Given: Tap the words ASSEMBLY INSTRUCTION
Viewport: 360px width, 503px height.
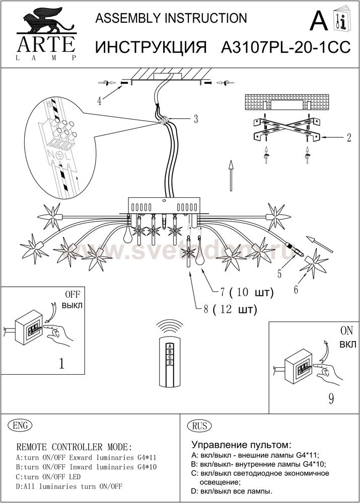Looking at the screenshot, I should point(171,19).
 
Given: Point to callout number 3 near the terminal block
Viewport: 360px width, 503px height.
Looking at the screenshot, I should point(195,119).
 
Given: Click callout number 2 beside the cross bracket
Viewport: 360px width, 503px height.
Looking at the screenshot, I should point(348,137).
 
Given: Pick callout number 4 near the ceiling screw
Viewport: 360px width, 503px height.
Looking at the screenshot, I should point(99,101).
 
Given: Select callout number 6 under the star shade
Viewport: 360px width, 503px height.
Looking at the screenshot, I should point(296,289).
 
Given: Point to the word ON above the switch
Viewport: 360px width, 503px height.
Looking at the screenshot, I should point(347,332).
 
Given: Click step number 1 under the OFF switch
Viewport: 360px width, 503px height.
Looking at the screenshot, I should point(61,363).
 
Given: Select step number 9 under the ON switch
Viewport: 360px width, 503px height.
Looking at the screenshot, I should point(331,399).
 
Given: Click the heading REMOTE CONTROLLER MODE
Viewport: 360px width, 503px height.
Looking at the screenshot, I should point(75,447).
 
